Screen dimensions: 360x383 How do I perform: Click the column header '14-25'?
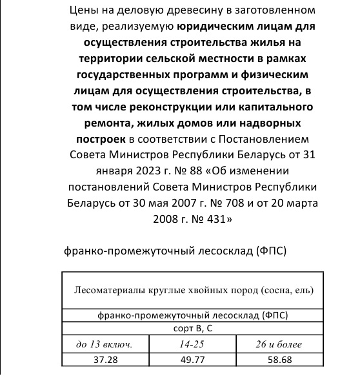point(191,345)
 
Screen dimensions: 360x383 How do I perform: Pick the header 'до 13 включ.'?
point(105,345)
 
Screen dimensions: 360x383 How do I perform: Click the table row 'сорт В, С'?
point(191,329)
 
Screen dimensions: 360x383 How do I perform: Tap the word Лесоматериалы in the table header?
point(108,290)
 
